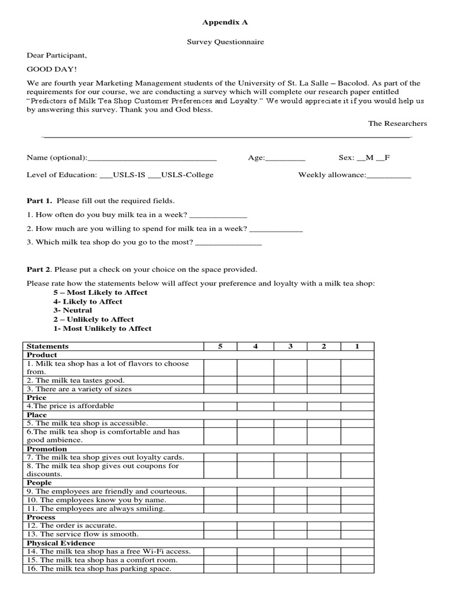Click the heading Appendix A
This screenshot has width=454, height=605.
pos(225,22)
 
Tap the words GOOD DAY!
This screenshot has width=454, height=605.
pos(48,69)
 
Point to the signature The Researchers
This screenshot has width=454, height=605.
pos(397,123)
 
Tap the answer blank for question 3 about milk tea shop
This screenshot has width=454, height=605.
pos(228,242)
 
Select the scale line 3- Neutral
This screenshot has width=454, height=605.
pos(73,310)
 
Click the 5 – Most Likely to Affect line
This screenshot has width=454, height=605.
pos(100,292)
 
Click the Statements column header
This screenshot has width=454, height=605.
pos(48,346)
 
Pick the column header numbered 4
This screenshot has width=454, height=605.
pos(255,346)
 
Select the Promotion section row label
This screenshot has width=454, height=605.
pos(47,449)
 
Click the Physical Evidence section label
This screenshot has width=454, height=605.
pos(61,542)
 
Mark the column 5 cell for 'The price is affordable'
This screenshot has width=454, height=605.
pos(220,406)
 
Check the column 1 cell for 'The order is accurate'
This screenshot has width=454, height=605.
pos(357,525)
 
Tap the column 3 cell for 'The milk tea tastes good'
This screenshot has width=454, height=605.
pos(290,380)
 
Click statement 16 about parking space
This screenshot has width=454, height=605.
pos(99,568)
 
